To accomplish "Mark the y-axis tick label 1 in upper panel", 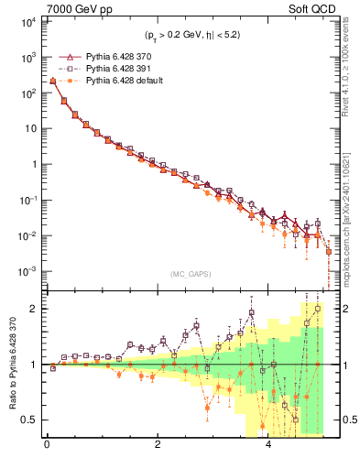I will [x=33, y=165].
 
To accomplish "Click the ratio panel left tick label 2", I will [x=33, y=309].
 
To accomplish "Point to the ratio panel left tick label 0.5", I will [x=27, y=420].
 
